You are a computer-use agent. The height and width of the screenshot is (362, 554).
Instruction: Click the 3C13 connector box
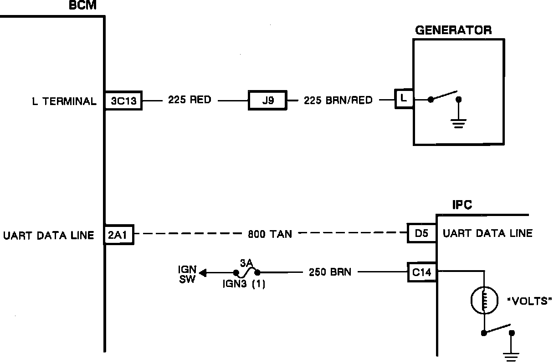pyautogui.click(x=123, y=101)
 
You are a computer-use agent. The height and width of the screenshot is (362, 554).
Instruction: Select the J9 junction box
pyautogui.click(x=267, y=100)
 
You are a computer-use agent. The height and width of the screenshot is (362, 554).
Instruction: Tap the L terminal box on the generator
pyautogui.click(x=404, y=98)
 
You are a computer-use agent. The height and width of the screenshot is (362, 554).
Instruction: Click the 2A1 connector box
pyautogui.click(x=119, y=235)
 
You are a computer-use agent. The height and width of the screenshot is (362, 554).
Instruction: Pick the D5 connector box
pyautogui.click(x=421, y=233)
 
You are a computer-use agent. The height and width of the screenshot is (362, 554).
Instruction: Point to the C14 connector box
pyautogui.click(x=422, y=273)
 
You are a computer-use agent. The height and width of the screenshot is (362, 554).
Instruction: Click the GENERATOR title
pyautogui.click(x=453, y=30)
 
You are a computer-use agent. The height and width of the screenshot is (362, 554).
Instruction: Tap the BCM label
pyautogui.click(x=82, y=6)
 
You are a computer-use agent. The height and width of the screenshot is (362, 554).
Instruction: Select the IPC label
pyautogui.click(x=462, y=205)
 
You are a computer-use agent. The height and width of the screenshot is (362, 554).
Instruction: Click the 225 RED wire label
pyautogui.click(x=190, y=100)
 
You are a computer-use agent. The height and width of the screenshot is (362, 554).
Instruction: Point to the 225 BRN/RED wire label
pyautogui.click(x=338, y=100)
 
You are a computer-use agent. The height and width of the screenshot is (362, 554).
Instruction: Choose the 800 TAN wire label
pyautogui.click(x=270, y=234)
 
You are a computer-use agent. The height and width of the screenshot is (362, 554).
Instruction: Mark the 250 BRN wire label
pyautogui.click(x=330, y=272)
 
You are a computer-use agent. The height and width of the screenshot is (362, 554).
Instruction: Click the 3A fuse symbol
pyautogui.click(x=246, y=272)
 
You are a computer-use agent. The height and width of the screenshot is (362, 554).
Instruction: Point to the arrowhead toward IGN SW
pyautogui.click(x=203, y=273)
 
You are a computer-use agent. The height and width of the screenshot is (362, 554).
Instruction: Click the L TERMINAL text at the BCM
pyautogui.click(x=64, y=101)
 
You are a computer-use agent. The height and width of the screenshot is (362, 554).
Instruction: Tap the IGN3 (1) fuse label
pyautogui.click(x=243, y=285)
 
